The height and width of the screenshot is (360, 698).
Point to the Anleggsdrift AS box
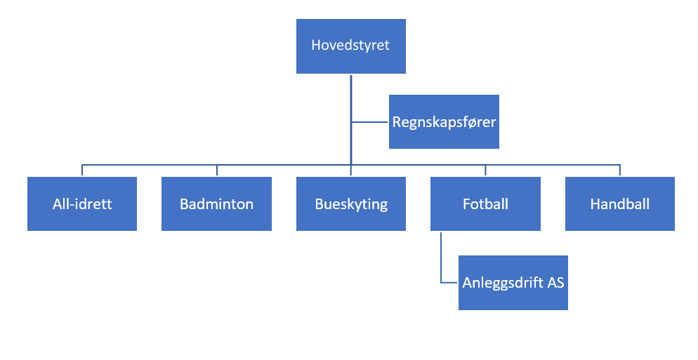click(513, 298)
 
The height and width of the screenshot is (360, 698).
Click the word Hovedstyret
click(350, 46)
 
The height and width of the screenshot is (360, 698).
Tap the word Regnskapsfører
click(444, 122)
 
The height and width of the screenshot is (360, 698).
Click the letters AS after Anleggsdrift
click(554, 284)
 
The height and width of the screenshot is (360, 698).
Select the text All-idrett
click(82, 205)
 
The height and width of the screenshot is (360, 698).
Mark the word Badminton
click(216, 205)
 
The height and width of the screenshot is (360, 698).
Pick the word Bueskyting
click(350, 205)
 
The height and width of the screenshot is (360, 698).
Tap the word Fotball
click(485, 205)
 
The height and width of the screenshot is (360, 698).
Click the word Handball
click(619, 205)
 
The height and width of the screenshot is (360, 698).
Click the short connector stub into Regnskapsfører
click(370, 122)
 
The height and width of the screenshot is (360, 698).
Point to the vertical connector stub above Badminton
click(216, 171)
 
